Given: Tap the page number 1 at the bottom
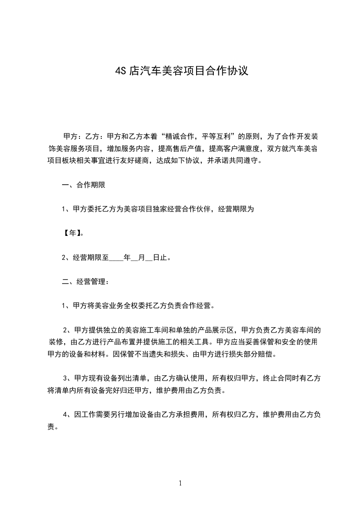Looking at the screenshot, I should (x=180, y=483).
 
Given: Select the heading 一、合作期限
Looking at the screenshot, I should (x=84, y=185).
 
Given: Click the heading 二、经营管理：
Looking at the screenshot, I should (x=85, y=282).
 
